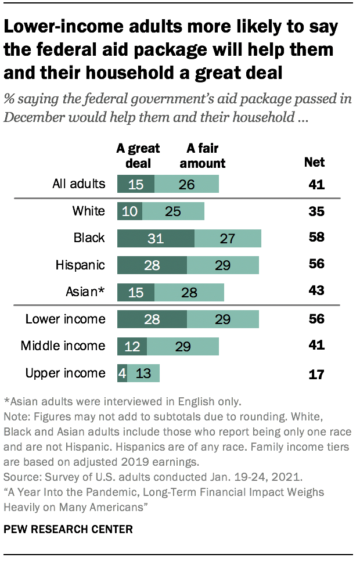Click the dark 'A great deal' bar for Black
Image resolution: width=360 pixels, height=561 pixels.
156,238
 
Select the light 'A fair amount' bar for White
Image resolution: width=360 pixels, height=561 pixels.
173,211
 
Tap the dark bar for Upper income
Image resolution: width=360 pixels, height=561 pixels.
122,373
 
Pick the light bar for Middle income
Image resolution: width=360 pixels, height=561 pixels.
182,346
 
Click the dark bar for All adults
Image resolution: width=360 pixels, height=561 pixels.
136,185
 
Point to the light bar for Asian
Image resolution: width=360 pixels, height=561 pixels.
189,292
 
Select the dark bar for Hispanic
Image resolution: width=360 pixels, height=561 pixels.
152,265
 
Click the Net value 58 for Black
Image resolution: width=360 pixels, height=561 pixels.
316,238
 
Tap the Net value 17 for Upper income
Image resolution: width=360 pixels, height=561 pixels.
316,373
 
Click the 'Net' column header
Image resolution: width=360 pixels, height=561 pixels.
315,162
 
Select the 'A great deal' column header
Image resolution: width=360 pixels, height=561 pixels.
138,156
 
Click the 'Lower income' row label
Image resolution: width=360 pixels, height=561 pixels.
65,319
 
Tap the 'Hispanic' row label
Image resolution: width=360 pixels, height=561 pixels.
80,265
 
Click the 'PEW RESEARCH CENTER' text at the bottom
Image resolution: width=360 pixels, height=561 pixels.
69,529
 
